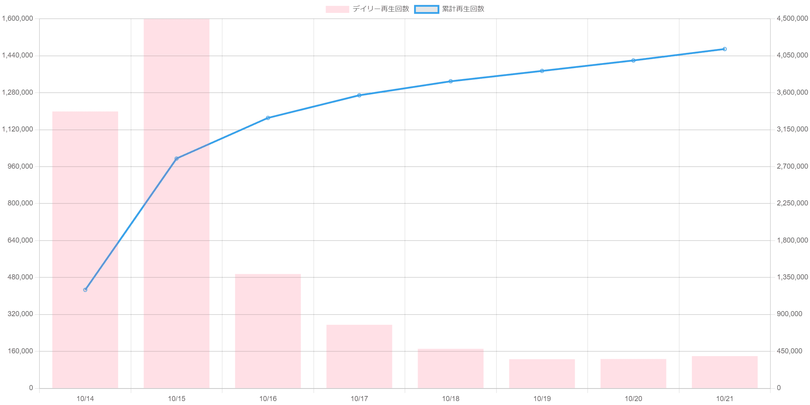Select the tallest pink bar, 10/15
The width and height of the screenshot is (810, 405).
[x=176, y=203]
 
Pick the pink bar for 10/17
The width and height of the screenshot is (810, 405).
[x=359, y=356]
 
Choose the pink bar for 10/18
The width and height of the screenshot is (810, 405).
[x=450, y=368]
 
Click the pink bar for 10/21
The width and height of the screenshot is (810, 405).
[x=725, y=372]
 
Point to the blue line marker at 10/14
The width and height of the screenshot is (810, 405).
[x=85, y=290]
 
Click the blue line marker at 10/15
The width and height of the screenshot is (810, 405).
[x=176, y=158]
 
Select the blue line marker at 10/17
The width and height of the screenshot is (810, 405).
[x=359, y=95]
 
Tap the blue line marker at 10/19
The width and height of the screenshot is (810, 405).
[x=542, y=71]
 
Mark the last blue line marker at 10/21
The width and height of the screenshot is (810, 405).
[x=725, y=49]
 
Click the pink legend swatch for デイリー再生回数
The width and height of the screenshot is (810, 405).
[x=337, y=9]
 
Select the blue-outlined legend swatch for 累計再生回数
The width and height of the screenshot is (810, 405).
[x=427, y=9]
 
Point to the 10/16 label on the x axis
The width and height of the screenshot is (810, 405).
[x=268, y=399]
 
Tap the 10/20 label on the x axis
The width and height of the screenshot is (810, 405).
[x=634, y=399]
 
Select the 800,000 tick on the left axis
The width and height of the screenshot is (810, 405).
[x=20, y=203]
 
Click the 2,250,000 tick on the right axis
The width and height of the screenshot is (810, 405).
[x=791, y=203]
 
